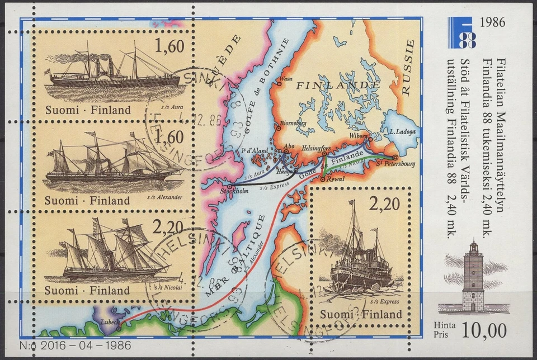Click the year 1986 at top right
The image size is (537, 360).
click(492, 23)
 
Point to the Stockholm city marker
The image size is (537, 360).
click(230, 187)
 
